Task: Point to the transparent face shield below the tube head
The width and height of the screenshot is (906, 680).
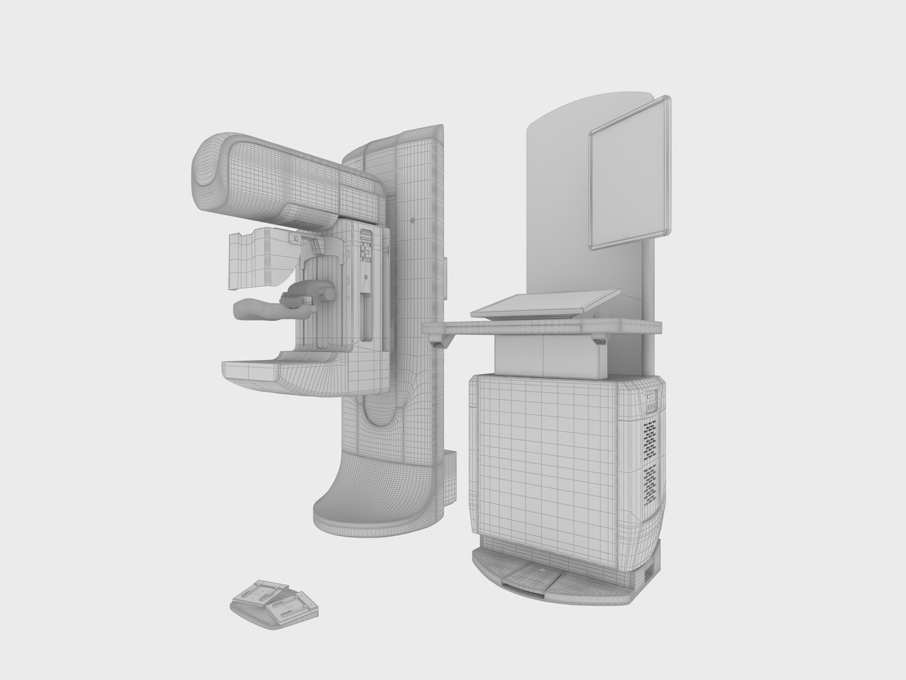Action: [x=257, y=258]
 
